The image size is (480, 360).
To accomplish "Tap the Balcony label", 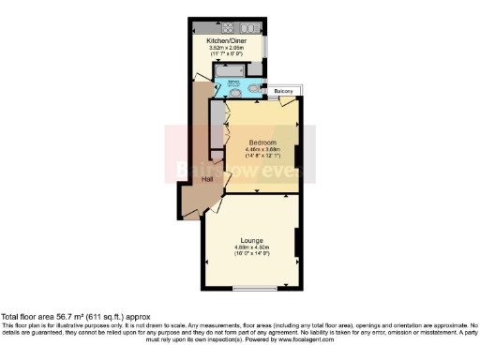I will (x=284, y=91).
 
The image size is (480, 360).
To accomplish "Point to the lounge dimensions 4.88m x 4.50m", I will (x=250, y=248).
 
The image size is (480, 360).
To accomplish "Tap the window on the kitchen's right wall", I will (x=267, y=47).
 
